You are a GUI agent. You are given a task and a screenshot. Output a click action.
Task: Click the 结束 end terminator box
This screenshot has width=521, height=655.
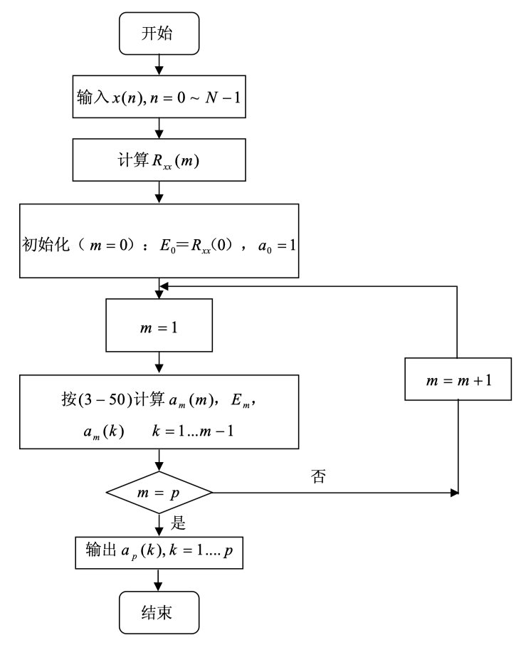159,613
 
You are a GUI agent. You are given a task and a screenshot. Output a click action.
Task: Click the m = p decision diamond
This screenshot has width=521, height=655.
159,493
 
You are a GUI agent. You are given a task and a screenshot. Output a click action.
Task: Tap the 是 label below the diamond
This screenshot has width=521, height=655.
178,525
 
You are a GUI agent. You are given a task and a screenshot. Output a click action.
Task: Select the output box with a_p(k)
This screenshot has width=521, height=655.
159,552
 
